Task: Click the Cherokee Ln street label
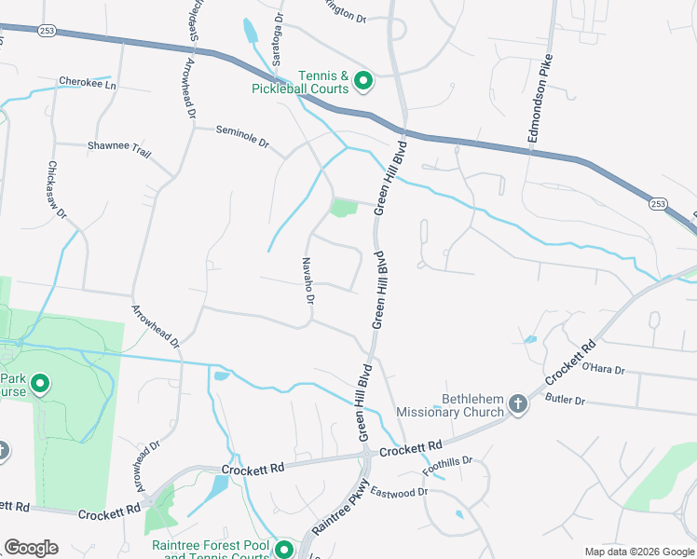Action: coord(88,83)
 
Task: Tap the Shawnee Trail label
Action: coord(118,147)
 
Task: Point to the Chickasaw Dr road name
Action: coord(57,191)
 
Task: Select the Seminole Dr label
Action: coord(241,137)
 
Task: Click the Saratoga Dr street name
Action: coord(278,39)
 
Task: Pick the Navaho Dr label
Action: coord(308,279)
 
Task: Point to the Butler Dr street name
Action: coord(565,400)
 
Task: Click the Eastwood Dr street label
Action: coord(398,491)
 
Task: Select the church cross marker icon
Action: coord(518,405)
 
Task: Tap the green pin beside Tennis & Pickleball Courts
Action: coord(362,81)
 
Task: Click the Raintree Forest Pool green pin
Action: coord(283,550)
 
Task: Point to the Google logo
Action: coord(31,548)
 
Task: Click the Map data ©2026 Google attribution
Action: coord(638,552)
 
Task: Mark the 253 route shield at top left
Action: coord(47,31)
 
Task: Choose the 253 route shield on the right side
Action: coord(658,203)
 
